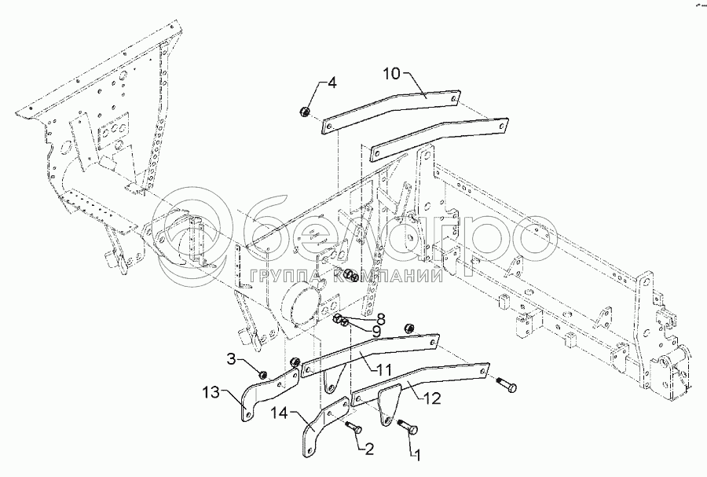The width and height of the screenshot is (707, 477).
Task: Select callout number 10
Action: pos(392,74)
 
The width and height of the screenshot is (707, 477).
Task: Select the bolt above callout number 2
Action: pos(351,427)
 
